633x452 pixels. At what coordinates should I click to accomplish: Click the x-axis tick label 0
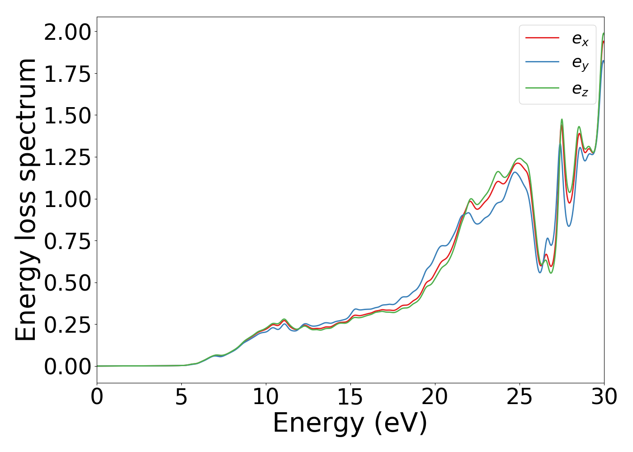coord(97,397)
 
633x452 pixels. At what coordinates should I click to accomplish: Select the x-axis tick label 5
coord(181,397)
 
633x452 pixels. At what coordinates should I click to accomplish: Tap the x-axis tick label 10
coord(266,397)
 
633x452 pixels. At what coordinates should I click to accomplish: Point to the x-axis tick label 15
coord(350,397)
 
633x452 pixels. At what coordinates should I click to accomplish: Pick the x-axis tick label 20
coord(435,397)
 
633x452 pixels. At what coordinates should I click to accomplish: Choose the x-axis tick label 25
coord(520,397)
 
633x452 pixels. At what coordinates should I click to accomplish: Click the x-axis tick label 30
coord(604,397)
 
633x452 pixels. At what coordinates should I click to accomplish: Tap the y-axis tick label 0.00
coord(67,367)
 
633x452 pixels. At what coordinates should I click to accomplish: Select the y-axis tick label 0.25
coord(67,325)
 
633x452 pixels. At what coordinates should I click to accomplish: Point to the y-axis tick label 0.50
coord(67,283)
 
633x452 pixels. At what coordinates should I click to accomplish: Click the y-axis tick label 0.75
coord(67,241)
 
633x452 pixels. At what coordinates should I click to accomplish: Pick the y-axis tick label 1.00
coord(67,199)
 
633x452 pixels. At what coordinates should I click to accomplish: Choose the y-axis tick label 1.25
coord(67,157)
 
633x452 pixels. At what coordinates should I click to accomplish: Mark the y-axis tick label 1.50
coord(67,116)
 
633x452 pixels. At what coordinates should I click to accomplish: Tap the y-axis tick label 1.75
coord(67,74)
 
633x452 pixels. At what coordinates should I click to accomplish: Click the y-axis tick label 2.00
coord(67,32)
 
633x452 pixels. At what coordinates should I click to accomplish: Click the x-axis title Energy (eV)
coord(350,424)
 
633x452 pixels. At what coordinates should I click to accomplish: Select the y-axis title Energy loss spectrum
coord(26,199)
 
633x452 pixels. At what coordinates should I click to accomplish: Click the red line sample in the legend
coord(542,38)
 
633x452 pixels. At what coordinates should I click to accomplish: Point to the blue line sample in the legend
coord(542,63)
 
